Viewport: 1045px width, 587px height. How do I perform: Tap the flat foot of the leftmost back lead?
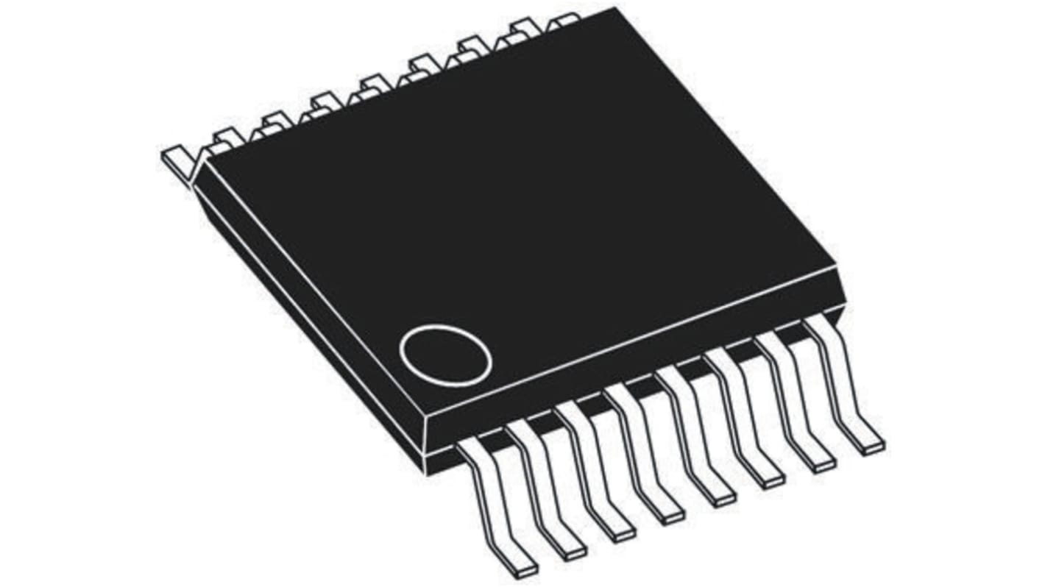click(174, 159)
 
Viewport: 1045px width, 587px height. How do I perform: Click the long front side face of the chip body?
click(633, 360)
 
